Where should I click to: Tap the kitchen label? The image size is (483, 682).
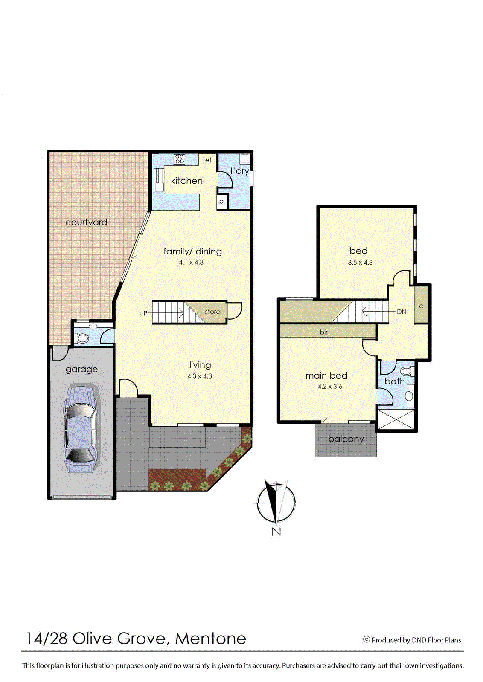click(186, 181)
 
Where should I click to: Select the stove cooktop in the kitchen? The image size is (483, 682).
click(180, 159)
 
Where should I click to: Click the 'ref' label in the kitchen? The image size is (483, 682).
click(207, 160)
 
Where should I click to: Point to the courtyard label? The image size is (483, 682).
click(86, 222)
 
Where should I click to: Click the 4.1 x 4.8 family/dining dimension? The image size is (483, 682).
click(191, 263)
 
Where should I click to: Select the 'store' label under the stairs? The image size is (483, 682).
click(212, 312)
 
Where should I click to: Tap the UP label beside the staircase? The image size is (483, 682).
click(143, 313)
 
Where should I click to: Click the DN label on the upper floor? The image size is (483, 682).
click(402, 312)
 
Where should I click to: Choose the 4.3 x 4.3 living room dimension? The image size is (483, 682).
click(200, 376)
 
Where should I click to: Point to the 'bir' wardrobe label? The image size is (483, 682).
click(324, 332)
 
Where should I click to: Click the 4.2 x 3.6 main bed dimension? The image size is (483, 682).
click(330, 387)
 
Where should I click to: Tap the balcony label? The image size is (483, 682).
click(346, 439)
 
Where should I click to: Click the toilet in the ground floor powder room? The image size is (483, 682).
click(83, 338)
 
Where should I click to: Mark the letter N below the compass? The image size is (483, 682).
click(276, 532)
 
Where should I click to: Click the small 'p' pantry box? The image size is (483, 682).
click(221, 202)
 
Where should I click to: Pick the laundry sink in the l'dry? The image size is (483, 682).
click(244, 159)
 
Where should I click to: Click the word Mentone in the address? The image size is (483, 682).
click(210, 639)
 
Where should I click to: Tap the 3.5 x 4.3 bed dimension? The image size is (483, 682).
click(360, 263)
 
